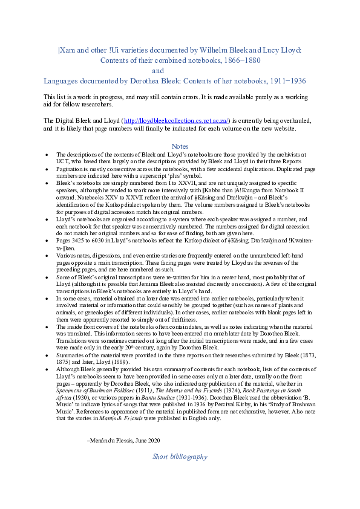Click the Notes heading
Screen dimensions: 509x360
(x=180, y=146)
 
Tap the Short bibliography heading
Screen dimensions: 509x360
(x=180, y=457)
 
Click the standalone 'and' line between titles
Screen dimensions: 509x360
(x=158, y=71)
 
